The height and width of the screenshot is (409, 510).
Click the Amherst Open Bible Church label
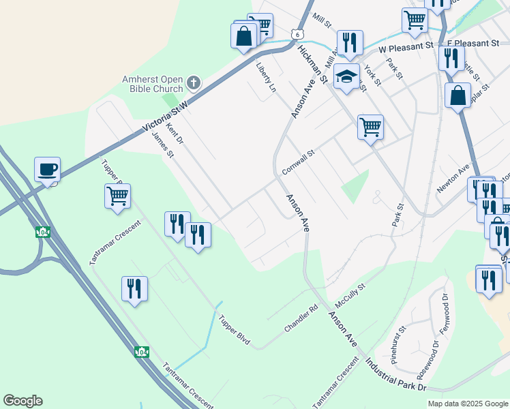pos(153,84)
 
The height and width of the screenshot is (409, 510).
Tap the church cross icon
pos(194,83)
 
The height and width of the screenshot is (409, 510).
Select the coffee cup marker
pos(48,169)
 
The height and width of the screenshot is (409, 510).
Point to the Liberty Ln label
pos(266,78)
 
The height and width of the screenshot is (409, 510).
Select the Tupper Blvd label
pos(235,330)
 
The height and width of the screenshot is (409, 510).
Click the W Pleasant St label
pos(406,48)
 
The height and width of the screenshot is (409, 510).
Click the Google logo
pos(22,401)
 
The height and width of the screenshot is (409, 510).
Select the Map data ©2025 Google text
pos(467,404)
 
